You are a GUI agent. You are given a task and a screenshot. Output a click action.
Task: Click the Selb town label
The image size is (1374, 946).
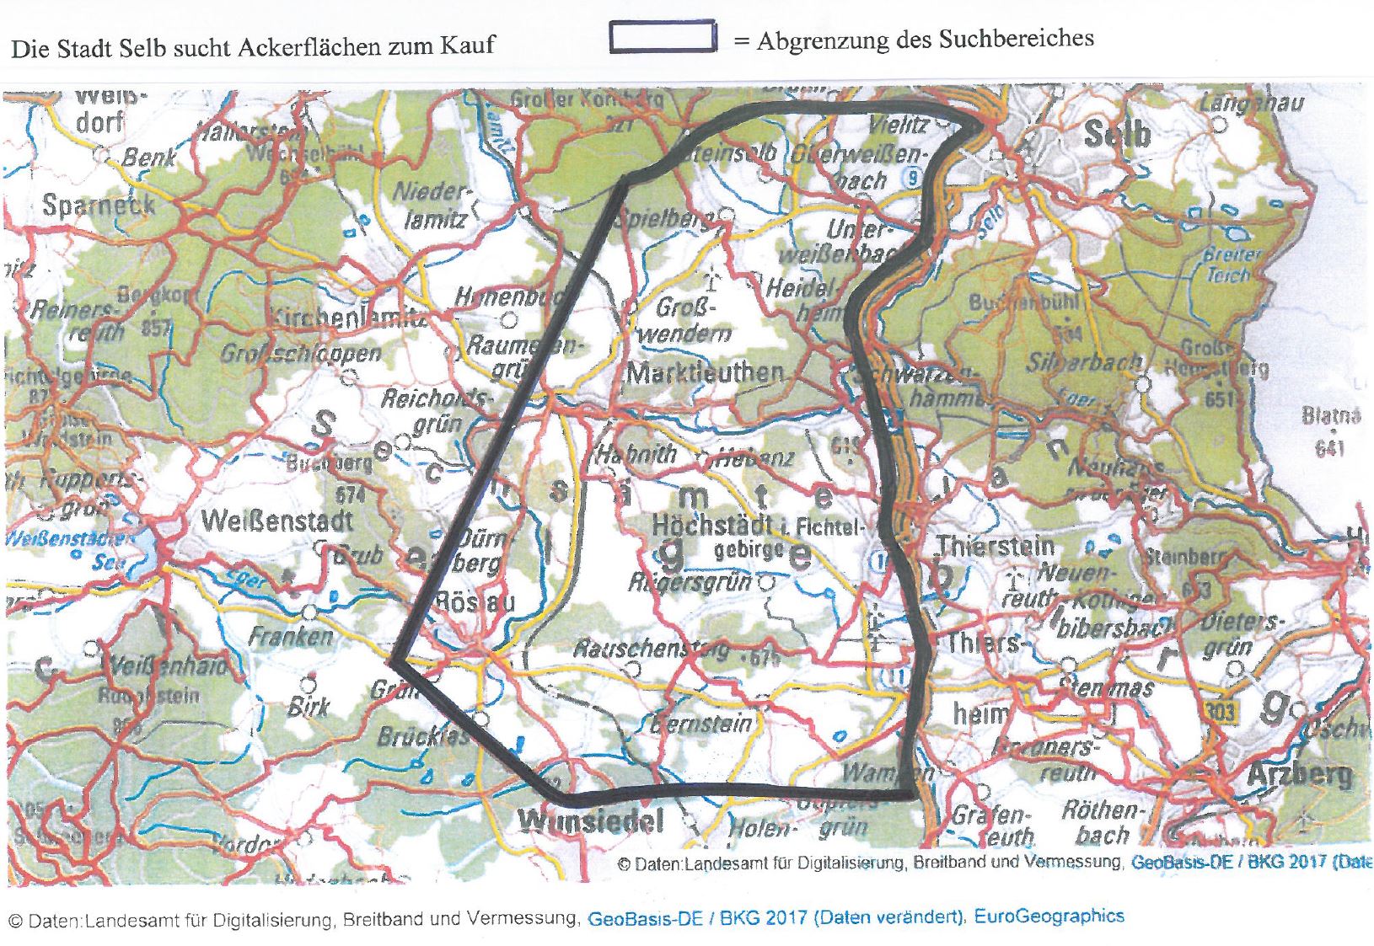(x=1116, y=135)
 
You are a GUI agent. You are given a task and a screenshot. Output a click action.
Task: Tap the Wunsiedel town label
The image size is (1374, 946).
(x=591, y=820)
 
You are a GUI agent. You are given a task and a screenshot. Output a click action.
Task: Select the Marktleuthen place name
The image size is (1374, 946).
(x=706, y=372)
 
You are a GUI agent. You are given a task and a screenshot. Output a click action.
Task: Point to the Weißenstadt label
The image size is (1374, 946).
(x=277, y=521)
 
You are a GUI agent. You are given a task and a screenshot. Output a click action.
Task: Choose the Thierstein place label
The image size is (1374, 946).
(x=996, y=546)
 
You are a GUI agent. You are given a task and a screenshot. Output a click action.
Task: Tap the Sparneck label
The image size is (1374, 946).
(x=99, y=205)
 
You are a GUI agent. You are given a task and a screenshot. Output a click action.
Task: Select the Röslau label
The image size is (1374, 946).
(x=475, y=601)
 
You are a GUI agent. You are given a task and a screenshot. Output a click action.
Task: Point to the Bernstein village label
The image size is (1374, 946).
(x=701, y=723)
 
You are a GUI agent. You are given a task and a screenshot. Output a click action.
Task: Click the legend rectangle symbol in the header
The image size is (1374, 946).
(x=663, y=38)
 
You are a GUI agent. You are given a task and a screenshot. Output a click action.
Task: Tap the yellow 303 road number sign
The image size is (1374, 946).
(x=1219, y=710)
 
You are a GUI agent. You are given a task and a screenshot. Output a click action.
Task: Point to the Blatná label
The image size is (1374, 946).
(x=1330, y=415)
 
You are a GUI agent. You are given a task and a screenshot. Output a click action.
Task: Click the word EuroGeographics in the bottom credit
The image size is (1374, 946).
(x=1049, y=916)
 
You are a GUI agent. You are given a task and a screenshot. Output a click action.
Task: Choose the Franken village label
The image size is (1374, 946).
(x=291, y=635)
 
